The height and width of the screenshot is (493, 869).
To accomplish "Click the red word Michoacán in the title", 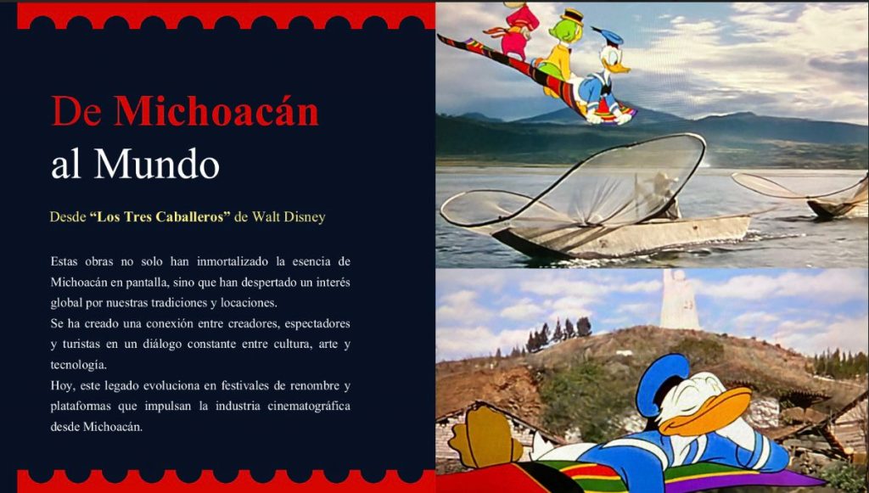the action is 216,111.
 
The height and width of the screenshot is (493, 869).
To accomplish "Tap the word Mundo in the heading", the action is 157,164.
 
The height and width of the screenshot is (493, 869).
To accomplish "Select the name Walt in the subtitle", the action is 266,216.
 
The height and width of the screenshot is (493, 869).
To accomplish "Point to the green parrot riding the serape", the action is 563,50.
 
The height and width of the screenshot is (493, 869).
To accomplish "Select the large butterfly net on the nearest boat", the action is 574,182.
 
